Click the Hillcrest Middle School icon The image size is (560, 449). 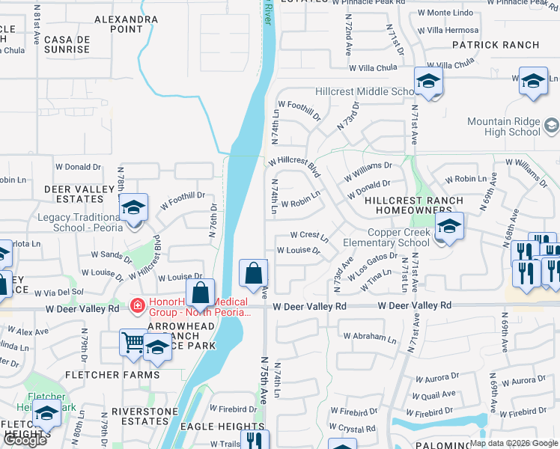(428, 81)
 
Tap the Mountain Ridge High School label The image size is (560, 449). (504, 126)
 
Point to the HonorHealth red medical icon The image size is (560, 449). (137, 305)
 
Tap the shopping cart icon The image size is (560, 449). (133, 343)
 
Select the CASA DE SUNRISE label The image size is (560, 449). (67, 44)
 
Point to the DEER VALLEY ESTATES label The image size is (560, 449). (73, 195)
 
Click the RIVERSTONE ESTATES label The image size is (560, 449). (139, 416)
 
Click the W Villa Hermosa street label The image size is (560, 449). (452, 31)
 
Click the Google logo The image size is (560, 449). (25, 440)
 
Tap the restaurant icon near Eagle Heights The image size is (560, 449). (255, 440)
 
